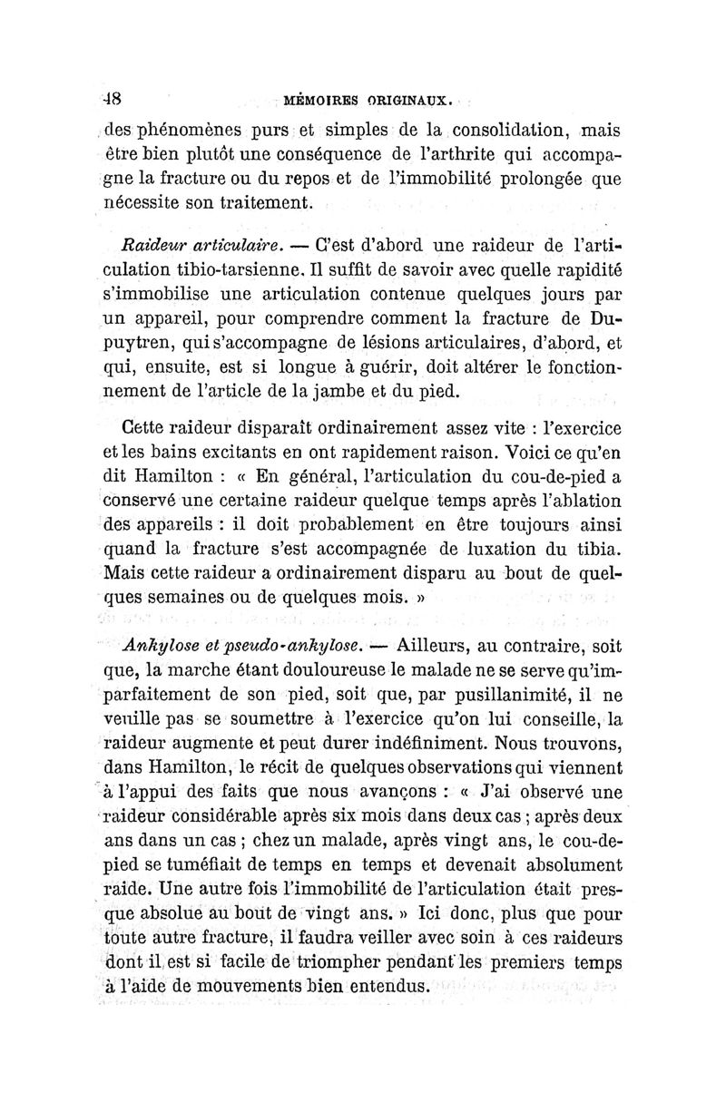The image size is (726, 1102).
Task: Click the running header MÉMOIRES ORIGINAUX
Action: (361, 98)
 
